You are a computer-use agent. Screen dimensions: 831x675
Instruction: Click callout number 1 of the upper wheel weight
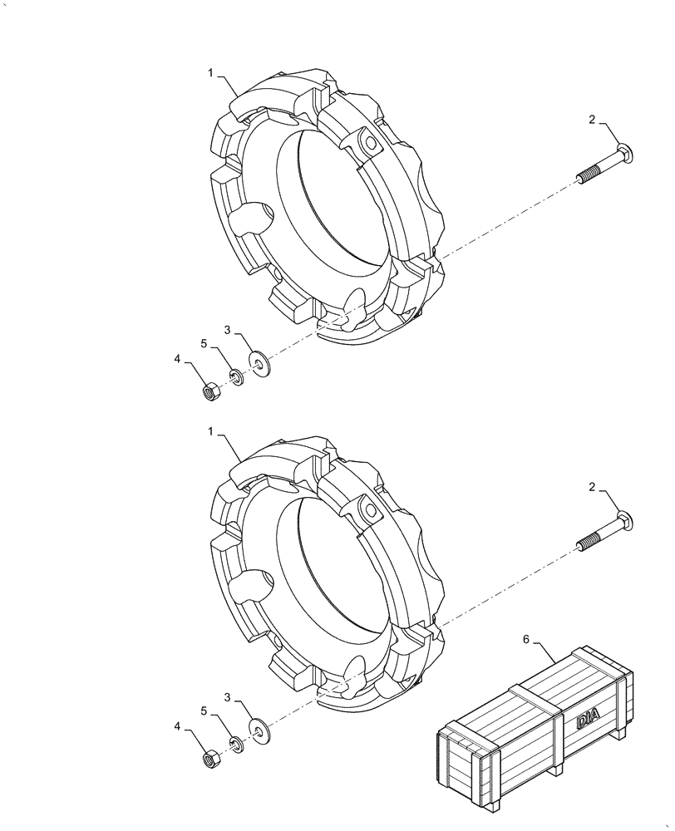point(211,73)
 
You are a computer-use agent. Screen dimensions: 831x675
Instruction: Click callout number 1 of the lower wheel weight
point(211,433)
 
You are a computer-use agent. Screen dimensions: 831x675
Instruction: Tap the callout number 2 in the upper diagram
point(592,120)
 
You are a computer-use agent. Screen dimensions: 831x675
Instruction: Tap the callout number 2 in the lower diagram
point(592,489)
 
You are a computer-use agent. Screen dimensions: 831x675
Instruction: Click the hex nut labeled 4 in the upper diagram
point(212,390)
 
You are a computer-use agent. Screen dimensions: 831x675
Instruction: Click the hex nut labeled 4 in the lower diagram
point(212,758)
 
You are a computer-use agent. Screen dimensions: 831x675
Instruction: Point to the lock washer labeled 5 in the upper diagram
point(237,377)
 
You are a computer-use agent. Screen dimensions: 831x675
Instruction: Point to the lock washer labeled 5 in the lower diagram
point(237,745)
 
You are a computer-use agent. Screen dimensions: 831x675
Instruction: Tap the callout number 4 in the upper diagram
point(177,359)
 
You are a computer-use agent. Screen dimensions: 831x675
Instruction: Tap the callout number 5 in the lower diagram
point(203,711)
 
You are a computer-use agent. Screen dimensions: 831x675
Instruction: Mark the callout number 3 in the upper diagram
point(227,330)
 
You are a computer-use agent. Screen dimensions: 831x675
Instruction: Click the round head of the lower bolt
point(628,521)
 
